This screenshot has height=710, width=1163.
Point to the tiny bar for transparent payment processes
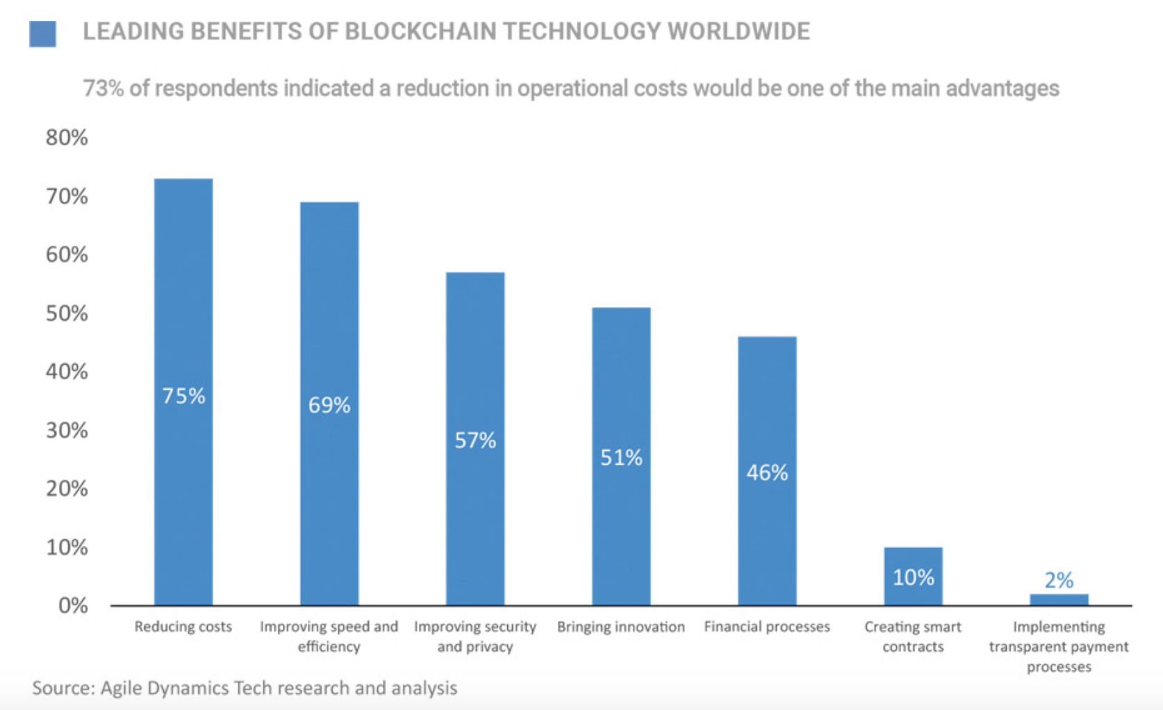(1059, 600)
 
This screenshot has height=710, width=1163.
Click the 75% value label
(183, 396)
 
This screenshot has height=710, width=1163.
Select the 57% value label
(475, 440)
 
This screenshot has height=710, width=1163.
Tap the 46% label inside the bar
(767, 473)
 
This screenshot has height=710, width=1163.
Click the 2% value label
(1059, 580)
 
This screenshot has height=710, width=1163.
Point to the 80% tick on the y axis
(67, 138)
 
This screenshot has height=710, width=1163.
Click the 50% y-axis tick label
(67, 313)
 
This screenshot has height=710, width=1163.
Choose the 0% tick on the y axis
(72, 606)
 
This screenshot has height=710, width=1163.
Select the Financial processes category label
(767, 627)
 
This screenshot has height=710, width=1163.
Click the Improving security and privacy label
(475, 636)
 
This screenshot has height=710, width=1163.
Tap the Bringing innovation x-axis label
(621, 627)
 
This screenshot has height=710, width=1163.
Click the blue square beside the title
(42, 33)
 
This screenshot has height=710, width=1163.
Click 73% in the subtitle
(103, 89)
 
